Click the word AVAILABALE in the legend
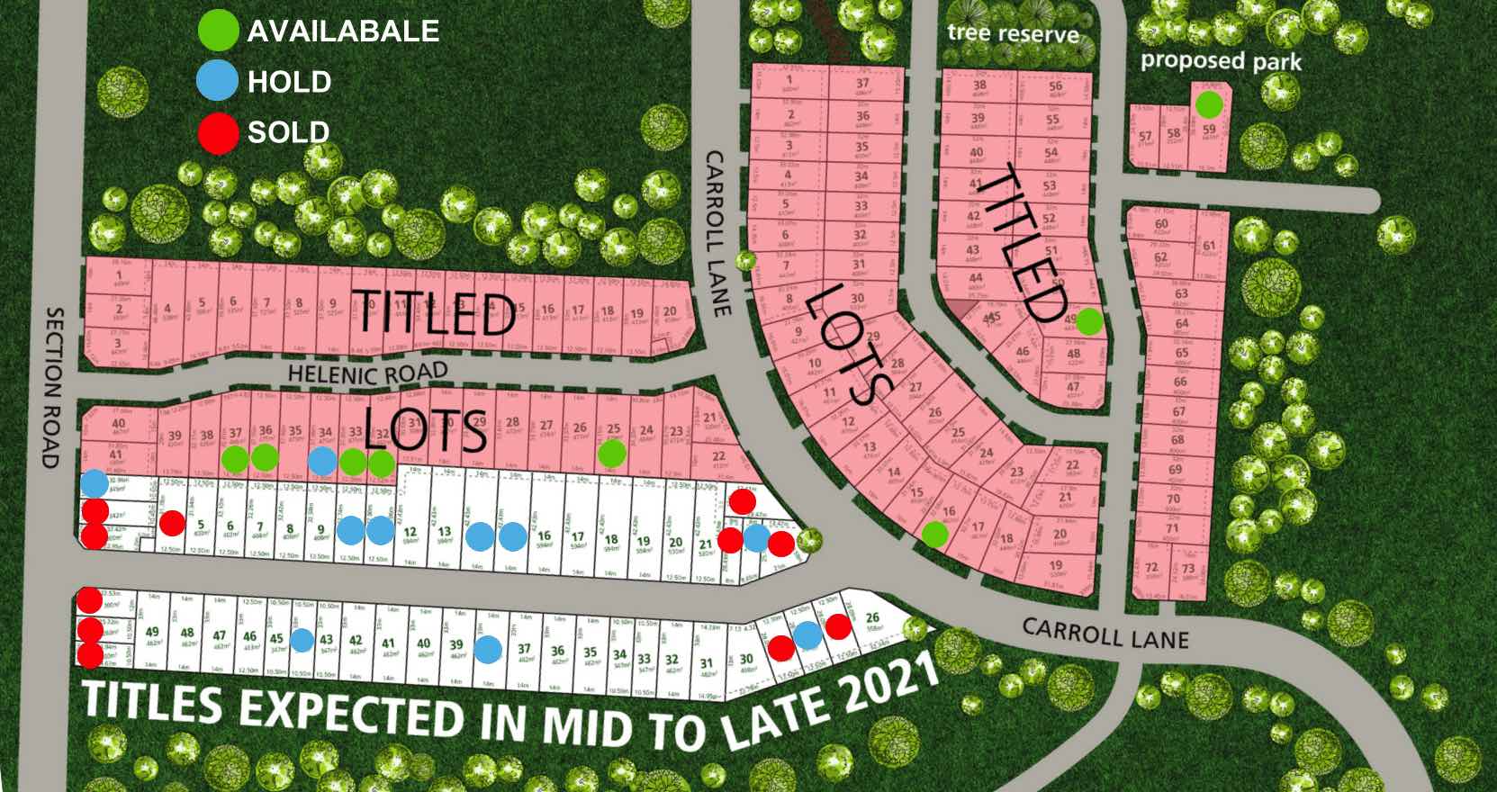pyautogui.click(x=343, y=31)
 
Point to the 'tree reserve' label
pyautogui.click(x=1013, y=33)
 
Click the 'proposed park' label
pyautogui.click(x=1221, y=61)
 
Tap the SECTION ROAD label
pyautogui.click(x=53, y=387)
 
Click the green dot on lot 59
pyautogui.click(x=1209, y=104)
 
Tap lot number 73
pyautogui.click(x=1189, y=569)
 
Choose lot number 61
pyautogui.click(x=1208, y=246)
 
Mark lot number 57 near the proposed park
pyautogui.click(x=1145, y=137)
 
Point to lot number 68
pyautogui.click(x=1178, y=440)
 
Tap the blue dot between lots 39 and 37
pyautogui.click(x=489, y=648)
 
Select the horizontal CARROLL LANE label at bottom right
pyautogui.click(x=1105, y=634)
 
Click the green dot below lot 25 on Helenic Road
pyautogui.click(x=612, y=453)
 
